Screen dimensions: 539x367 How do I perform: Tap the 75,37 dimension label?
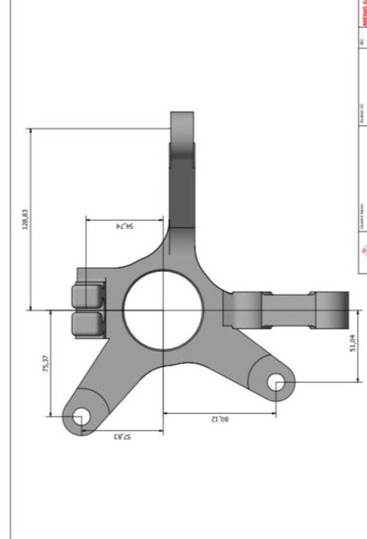pyautogui.click(x=45, y=363)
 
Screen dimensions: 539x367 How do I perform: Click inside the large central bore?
pyautogui.click(x=163, y=310)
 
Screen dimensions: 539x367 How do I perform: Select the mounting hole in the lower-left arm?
pyautogui.click(x=80, y=417)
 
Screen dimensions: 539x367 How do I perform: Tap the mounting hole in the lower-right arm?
pyautogui.click(x=278, y=381)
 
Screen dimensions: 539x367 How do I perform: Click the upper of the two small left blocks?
pyautogui.click(x=89, y=295)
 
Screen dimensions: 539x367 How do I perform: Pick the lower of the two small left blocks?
pyautogui.click(x=89, y=323)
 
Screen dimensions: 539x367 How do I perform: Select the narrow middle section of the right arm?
pyautogui.click(x=287, y=310)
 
